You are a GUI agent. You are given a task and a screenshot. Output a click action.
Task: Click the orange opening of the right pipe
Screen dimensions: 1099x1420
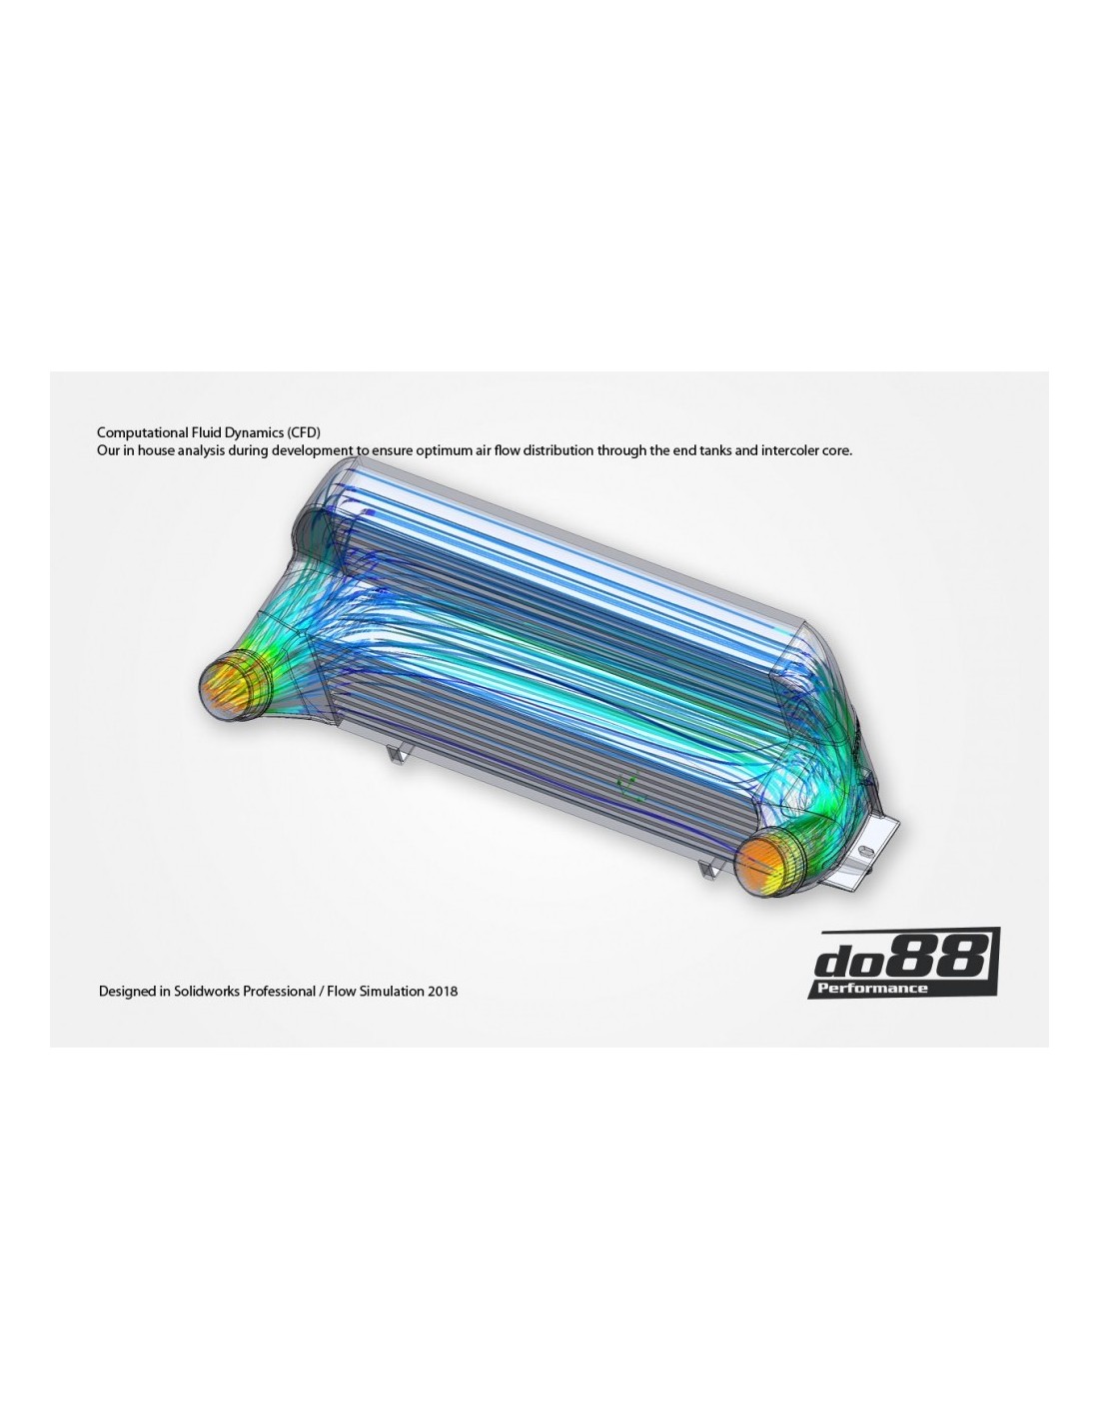coord(760,864)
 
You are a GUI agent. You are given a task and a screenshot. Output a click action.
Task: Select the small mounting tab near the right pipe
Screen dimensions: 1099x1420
coord(710,867)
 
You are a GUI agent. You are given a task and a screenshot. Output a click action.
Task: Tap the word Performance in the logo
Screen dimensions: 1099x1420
coord(872,988)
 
